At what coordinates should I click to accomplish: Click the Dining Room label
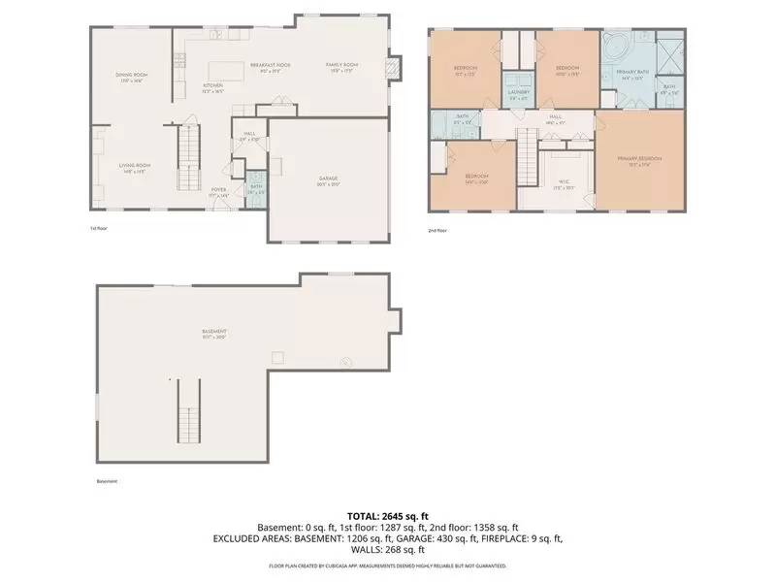pyautogui.click(x=131, y=76)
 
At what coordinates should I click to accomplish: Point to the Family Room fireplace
pyautogui.click(x=393, y=67)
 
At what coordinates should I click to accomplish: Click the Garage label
pyautogui.click(x=329, y=179)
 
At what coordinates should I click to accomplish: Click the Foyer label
pyautogui.click(x=220, y=191)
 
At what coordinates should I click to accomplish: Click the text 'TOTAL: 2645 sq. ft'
pyautogui.click(x=388, y=515)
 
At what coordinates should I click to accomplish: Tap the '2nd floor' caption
pyautogui.click(x=437, y=231)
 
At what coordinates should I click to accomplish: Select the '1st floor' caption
pyautogui.click(x=98, y=229)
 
